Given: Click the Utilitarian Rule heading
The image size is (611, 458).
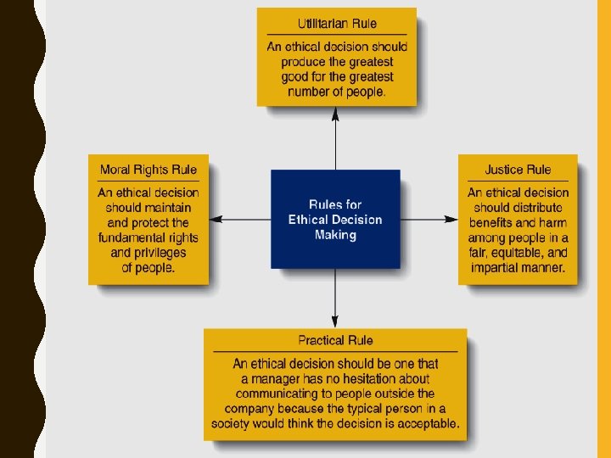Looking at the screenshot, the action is (337, 23).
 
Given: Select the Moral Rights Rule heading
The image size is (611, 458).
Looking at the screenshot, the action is (149, 170).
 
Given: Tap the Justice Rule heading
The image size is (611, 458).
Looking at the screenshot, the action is (518, 170).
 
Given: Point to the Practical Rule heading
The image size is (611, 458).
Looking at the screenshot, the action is (335, 340).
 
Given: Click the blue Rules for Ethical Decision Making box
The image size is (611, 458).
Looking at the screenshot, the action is (335, 219).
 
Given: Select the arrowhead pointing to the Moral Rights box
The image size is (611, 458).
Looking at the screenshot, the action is (216, 219).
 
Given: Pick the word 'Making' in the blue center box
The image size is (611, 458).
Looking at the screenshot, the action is (335, 235).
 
